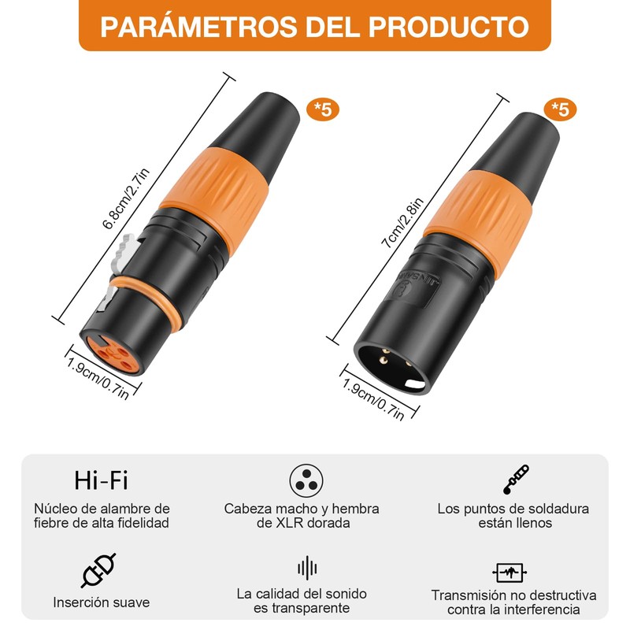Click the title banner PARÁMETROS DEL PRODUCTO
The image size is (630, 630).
point(315,26)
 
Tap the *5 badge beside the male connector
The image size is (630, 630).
point(560,109)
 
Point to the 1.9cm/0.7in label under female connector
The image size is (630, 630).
point(97,380)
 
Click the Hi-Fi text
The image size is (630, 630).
point(101,479)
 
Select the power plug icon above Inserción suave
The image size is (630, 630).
point(98,570)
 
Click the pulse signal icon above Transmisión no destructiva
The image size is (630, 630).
point(510,572)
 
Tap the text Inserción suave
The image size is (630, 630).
point(102,602)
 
